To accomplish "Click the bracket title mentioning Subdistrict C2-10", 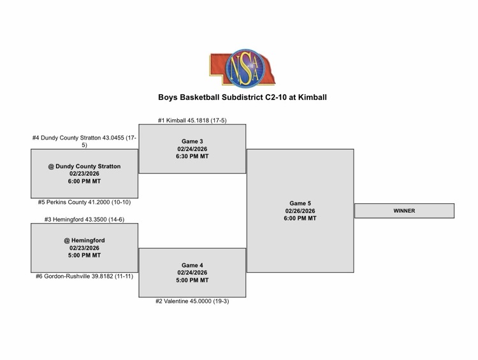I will click(x=242, y=97).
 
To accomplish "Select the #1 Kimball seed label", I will click(x=192, y=120).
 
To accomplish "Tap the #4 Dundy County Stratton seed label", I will click(x=84, y=141).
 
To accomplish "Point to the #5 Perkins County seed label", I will click(x=84, y=202).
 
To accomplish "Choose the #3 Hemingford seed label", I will click(x=84, y=219).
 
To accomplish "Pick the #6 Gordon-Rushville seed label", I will click(x=84, y=276).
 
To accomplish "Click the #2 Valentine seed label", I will click(x=192, y=301).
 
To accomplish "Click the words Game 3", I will click(x=192, y=141).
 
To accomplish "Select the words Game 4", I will click(x=192, y=265).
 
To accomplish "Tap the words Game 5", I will click(x=300, y=204).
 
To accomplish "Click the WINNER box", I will click(x=404, y=211).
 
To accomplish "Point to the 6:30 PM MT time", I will click(x=192, y=156).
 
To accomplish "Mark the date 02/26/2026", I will click(x=300, y=211).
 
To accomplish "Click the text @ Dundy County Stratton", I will click(x=84, y=166).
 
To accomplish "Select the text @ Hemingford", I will click(x=84, y=240).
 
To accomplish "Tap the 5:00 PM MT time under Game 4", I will click(x=192, y=280).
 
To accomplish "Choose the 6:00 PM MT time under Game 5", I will click(x=300, y=219).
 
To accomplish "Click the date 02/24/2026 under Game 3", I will click(x=192, y=148).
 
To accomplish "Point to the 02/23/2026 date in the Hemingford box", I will click(x=84, y=248).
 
